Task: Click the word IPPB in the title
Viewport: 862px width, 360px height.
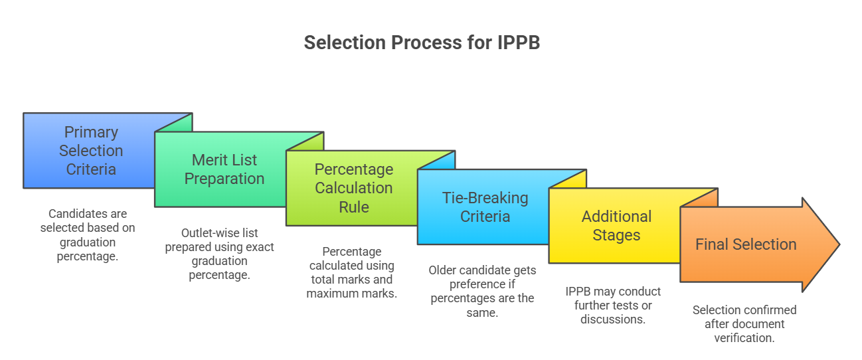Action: coord(518,43)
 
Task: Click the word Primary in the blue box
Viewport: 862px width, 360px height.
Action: coord(91,132)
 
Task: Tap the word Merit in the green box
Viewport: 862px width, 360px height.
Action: coord(207,160)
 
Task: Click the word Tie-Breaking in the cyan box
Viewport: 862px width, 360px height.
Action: coord(485,198)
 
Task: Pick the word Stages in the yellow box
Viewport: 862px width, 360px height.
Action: coord(616,235)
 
